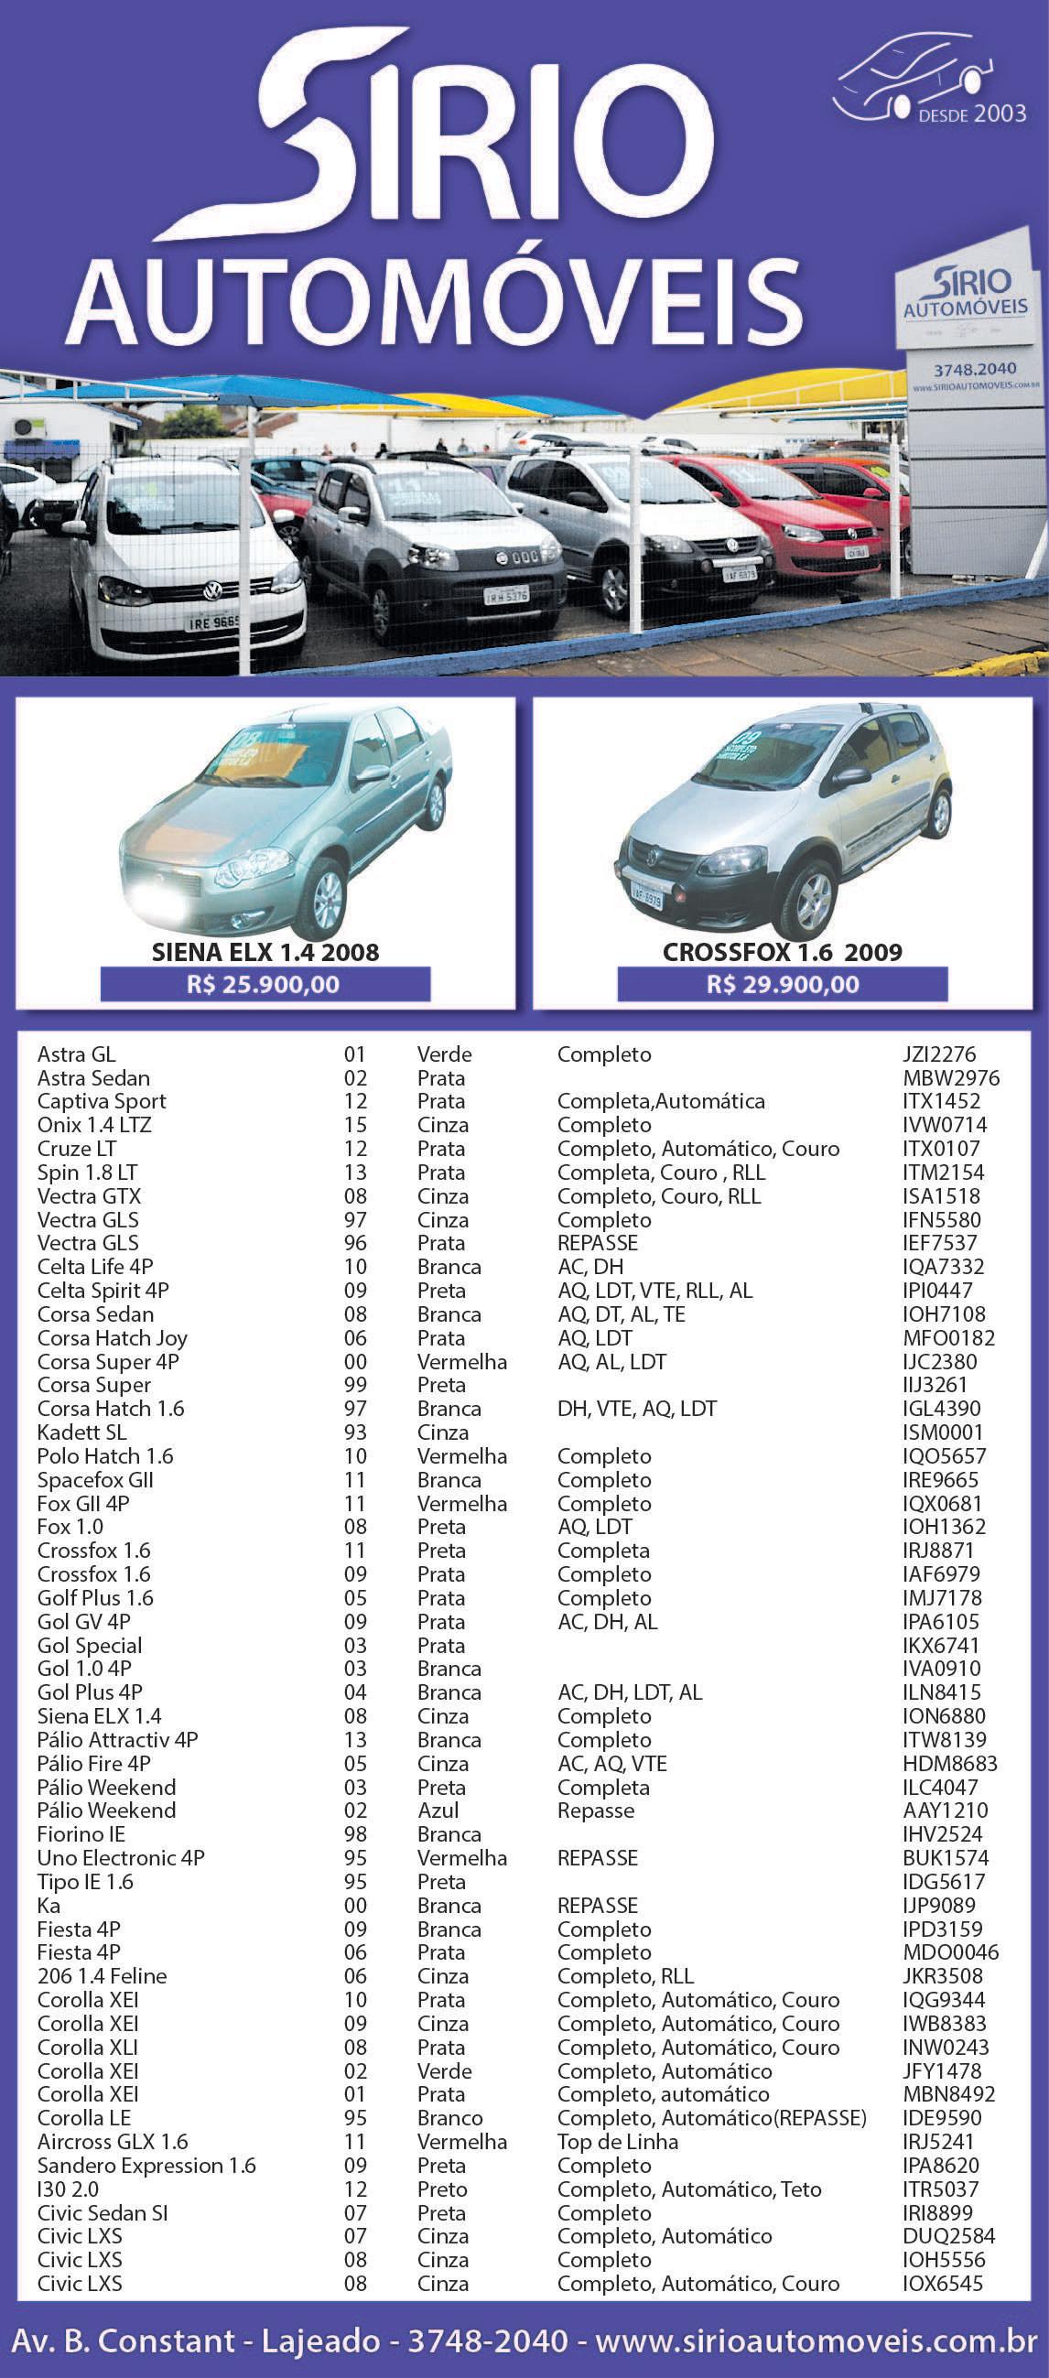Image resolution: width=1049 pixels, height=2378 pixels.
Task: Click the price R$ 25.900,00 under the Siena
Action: click(265, 984)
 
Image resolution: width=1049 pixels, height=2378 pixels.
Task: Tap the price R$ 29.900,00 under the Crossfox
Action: click(782, 984)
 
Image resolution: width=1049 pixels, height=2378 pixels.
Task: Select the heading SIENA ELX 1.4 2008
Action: click(265, 953)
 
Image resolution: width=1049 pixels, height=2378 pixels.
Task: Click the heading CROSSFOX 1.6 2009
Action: click(782, 953)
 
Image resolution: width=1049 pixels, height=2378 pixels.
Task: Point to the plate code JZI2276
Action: click(938, 1054)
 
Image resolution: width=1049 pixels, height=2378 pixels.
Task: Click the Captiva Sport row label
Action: click(102, 1101)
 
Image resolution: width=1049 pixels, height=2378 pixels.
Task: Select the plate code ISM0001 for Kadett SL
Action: click(942, 1432)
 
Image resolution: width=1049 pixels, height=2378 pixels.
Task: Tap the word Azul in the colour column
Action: click(438, 1811)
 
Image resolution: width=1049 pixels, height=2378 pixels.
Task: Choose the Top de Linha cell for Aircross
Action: click(617, 2141)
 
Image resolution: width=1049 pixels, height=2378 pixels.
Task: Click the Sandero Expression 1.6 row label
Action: click(146, 2165)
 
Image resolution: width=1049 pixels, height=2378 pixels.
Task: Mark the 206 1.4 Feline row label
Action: click(102, 1975)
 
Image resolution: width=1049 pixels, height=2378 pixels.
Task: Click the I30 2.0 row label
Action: click(68, 2189)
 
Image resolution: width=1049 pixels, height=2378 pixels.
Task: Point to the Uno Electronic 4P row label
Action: click(120, 1857)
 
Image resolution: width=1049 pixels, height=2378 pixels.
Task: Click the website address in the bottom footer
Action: click(816, 2341)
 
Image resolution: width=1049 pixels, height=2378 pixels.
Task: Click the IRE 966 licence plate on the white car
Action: click(213, 622)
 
